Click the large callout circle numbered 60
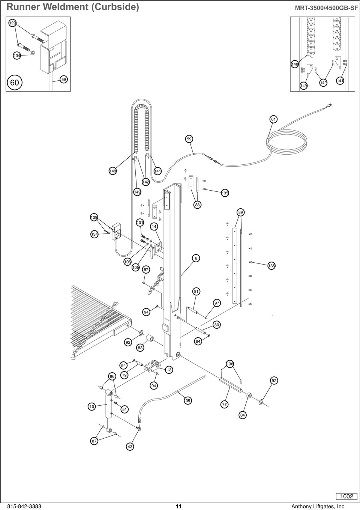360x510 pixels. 15,82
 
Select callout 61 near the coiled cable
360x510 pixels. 273,119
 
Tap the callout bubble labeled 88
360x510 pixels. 197,205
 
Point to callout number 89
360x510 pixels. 241,212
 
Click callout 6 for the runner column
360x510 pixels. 196,258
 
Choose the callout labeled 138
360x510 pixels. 230,364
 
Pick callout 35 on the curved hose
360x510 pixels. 188,401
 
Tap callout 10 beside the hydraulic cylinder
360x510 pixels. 91,406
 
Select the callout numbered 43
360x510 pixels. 130,447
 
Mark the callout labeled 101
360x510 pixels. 139,222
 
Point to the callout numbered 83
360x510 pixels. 140,348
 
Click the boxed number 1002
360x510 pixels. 346,496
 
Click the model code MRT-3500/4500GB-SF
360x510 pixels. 326,8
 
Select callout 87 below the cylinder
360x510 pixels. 94,441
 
